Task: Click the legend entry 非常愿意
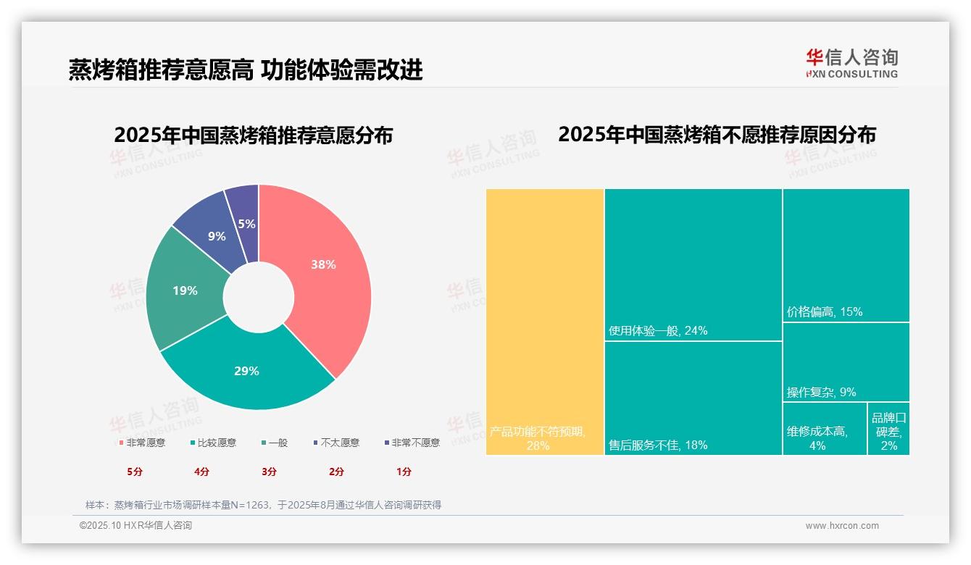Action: coord(142,443)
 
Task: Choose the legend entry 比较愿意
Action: coord(213,443)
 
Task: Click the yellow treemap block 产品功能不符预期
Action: coord(545,319)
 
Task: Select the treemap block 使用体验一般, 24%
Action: coord(693,264)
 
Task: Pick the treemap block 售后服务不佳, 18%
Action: coord(693,398)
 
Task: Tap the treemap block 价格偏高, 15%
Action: coord(846,255)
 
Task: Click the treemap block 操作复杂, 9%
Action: coord(846,362)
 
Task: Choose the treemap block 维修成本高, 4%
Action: coord(825,429)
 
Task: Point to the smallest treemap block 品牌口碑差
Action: coord(888,429)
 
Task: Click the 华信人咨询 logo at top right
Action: coord(851,63)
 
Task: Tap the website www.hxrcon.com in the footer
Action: coord(842,526)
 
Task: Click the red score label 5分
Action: coord(135,472)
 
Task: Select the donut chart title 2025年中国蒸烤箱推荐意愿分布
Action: coord(254,135)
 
